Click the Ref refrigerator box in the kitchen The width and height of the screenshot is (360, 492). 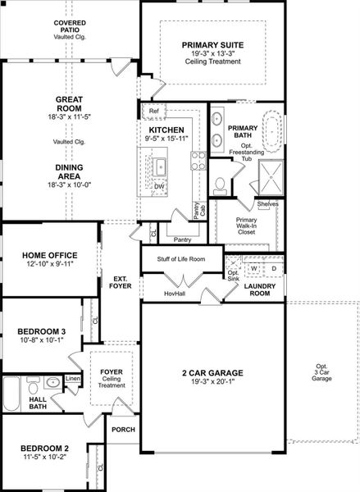click(153, 112)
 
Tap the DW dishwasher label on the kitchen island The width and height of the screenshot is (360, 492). click(159, 186)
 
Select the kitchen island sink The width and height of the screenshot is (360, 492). click(162, 168)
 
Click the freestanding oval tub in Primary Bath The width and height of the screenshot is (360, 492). click(271, 131)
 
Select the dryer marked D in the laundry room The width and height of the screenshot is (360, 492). click(274, 268)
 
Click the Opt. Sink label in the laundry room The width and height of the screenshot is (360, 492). click(233, 276)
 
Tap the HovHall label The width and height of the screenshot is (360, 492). click(174, 293)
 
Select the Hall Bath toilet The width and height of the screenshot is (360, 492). click(33, 386)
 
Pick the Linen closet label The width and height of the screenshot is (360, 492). click(72, 379)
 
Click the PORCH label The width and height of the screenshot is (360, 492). click(123, 429)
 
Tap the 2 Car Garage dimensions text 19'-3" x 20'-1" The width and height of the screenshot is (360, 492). click(212, 380)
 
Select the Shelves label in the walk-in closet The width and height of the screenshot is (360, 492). click(267, 203)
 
